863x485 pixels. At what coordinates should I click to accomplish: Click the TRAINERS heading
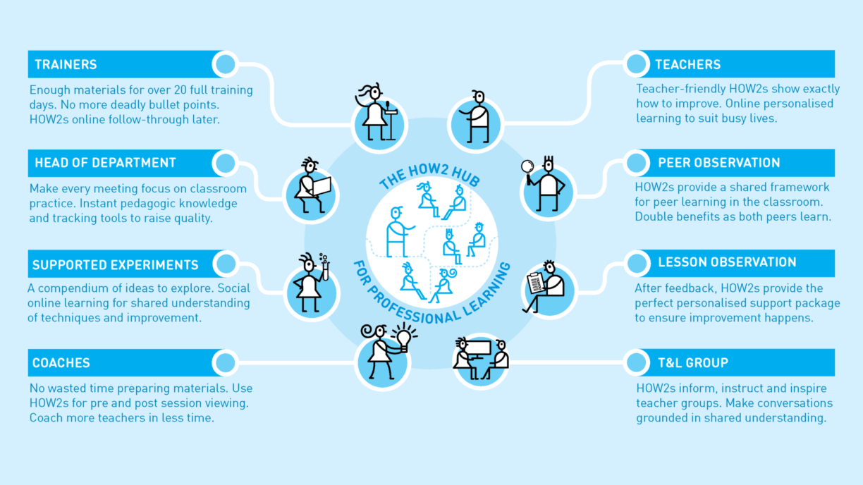pyautogui.click(x=66, y=64)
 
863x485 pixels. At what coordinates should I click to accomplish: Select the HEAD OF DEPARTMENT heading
pyautogui.click(x=105, y=163)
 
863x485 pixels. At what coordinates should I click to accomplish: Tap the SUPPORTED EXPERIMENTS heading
pyautogui.click(x=115, y=264)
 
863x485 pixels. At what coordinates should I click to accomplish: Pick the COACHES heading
pyautogui.click(x=61, y=363)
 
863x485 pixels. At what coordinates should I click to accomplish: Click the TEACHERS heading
pyautogui.click(x=687, y=64)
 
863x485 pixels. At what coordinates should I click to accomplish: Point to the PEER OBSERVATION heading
pyautogui.click(x=719, y=163)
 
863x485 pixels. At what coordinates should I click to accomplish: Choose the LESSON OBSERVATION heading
pyautogui.click(x=727, y=262)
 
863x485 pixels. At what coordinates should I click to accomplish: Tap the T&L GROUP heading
pyautogui.click(x=693, y=362)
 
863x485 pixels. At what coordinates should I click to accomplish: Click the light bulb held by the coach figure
pyautogui.click(x=404, y=338)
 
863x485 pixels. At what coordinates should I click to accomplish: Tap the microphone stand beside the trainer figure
pyautogui.click(x=391, y=121)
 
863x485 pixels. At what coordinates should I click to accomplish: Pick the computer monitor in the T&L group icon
pyautogui.click(x=478, y=349)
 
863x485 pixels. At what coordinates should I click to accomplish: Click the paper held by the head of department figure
pyautogui.click(x=322, y=186)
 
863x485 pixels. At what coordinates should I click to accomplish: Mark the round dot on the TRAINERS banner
pyautogui.click(x=226, y=64)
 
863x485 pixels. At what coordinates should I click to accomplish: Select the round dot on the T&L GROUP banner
pyautogui.click(x=637, y=362)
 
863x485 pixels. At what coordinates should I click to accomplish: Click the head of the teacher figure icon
pyautogui.click(x=479, y=97)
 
